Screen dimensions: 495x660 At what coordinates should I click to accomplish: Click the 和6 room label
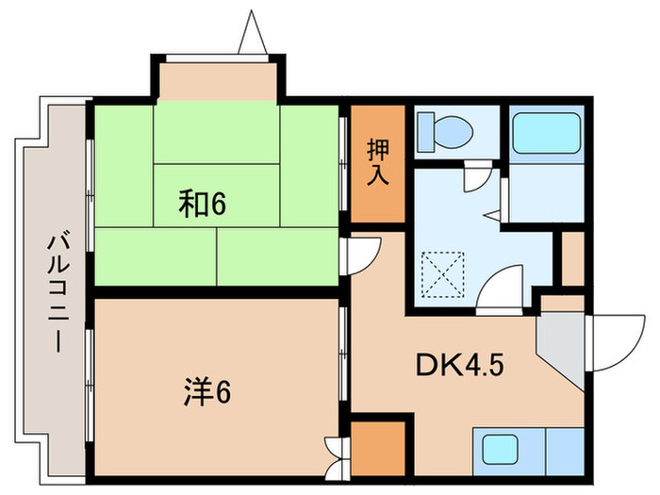(205, 203)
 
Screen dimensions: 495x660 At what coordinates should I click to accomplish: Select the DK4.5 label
(461, 363)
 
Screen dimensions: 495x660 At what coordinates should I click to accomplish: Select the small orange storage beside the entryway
(573, 256)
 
